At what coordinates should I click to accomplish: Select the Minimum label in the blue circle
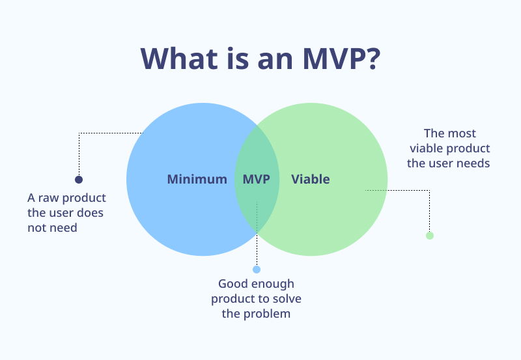pos(197,179)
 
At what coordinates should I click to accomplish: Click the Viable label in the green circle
pos(310,179)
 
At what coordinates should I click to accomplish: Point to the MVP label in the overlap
pos(256,179)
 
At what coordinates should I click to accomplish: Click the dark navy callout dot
pos(79,180)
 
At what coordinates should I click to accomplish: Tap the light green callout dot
pos(429,236)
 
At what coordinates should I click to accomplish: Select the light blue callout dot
pos(256,270)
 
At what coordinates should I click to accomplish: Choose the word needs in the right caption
pos(475,163)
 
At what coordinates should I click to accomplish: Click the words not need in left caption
pos(52,228)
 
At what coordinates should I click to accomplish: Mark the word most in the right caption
pos(462,133)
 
